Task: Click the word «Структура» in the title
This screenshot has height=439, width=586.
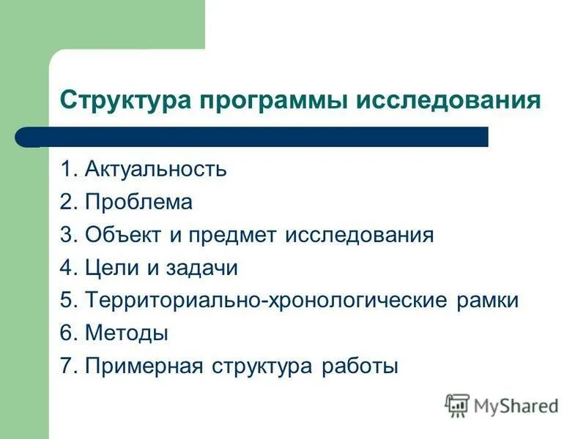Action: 125,99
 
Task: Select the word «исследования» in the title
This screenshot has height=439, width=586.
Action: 448,99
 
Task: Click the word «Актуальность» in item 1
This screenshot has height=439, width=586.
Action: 156,170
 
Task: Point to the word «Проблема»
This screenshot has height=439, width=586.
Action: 138,203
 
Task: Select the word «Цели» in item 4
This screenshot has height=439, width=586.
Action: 111,269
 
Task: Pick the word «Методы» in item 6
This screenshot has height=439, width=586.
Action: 127,334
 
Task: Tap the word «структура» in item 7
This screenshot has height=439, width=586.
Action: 262,366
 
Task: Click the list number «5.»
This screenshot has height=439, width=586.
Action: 70,301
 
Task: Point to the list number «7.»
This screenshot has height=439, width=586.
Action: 70,366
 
